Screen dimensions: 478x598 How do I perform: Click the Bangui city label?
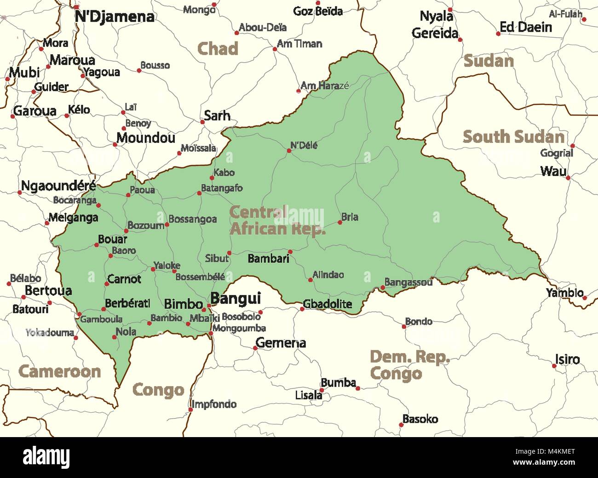tap(236, 299)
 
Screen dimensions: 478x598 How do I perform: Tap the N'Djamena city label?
tap(114, 17)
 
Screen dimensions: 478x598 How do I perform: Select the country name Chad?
tap(218, 49)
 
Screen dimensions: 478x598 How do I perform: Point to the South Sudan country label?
tap(513, 137)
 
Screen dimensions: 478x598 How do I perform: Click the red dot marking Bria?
tap(340, 222)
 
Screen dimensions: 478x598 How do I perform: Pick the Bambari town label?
tap(268, 258)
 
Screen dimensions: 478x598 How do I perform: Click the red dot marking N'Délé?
tap(289, 150)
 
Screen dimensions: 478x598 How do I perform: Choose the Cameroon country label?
tap(59, 371)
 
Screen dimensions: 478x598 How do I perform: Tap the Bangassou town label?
tap(408, 282)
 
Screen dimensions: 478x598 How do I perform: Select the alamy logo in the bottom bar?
tap(46, 457)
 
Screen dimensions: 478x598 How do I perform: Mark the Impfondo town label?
tap(214, 404)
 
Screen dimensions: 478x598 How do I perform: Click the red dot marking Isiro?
tap(554, 366)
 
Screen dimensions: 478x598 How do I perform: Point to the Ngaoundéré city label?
tap(58, 186)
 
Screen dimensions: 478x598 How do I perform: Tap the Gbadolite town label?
tap(327, 304)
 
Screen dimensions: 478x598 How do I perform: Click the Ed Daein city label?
tap(525, 27)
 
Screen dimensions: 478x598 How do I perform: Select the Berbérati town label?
tap(127, 303)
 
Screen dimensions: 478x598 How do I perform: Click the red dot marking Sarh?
tap(202, 122)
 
